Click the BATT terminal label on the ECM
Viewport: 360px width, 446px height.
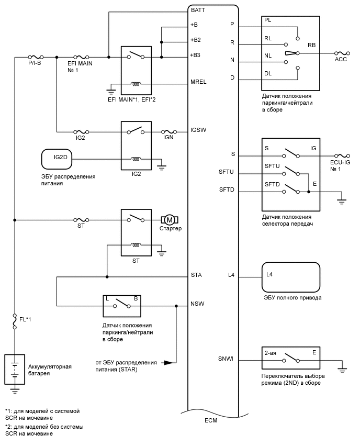pos(198,10)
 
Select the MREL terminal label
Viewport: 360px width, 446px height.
pos(198,82)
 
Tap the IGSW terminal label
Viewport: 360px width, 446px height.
pos(198,130)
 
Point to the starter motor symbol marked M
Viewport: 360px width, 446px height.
pos(170,220)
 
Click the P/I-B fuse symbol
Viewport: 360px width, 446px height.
pos(36,57)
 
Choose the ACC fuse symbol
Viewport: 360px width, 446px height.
pos(342,53)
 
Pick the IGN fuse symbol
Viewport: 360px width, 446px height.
pos(169,132)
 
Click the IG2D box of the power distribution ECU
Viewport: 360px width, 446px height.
pos(57,159)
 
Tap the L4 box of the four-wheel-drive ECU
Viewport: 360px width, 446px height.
pos(290,277)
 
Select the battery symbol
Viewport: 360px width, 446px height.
pos(15,369)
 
